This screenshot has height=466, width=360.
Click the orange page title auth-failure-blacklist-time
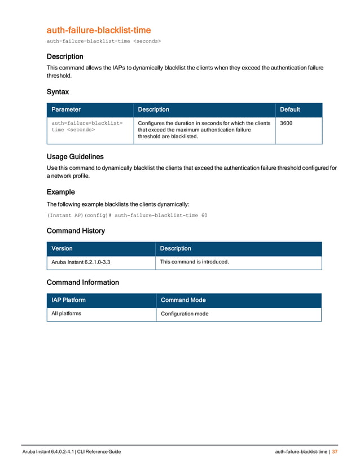(98, 30)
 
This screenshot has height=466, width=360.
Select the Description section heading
(65, 56)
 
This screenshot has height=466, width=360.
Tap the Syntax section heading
(58, 91)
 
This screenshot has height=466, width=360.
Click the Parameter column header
(66, 109)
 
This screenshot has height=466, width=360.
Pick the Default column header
(290, 109)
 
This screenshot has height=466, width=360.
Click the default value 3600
(286, 123)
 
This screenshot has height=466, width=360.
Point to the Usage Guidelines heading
(74, 156)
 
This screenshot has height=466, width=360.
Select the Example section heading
(60, 192)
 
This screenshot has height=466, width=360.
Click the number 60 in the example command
(204, 215)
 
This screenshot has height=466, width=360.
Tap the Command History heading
(76, 231)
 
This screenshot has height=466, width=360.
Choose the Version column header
(62, 248)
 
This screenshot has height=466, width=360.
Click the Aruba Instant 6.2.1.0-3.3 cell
(81, 262)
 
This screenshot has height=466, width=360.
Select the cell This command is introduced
(195, 262)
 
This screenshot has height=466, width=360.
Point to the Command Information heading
(82, 282)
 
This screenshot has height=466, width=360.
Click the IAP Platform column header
(68, 300)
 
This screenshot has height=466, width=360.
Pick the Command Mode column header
(183, 300)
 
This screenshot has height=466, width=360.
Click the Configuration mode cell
(185, 314)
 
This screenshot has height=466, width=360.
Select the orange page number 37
(335, 452)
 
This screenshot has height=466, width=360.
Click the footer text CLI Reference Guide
(98, 452)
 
